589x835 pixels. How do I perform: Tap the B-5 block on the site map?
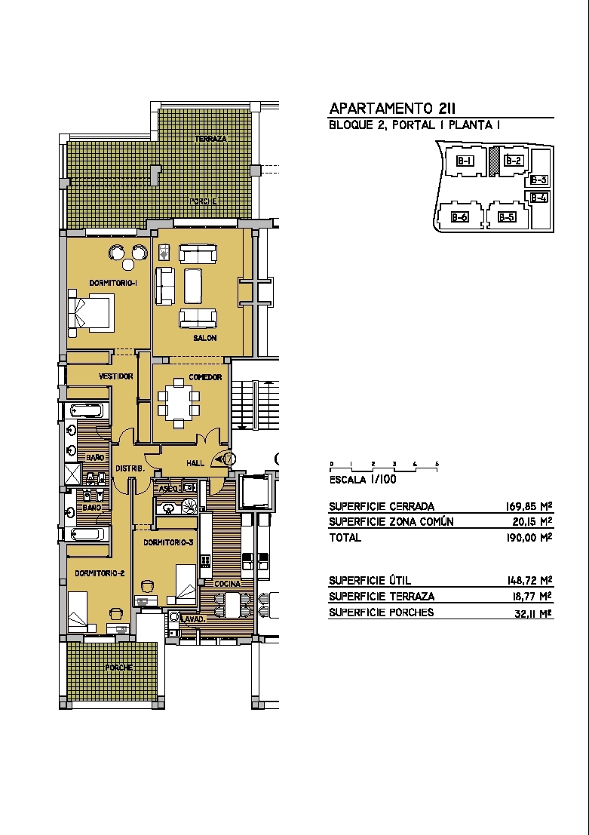coord(507,216)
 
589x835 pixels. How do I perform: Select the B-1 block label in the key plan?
coord(465,160)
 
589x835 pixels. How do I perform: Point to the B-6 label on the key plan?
coord(459,216)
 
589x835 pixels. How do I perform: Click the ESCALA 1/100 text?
coord(363,479)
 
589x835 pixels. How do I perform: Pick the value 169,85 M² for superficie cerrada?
coord(528,506)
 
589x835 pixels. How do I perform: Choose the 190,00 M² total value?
coord(528,537)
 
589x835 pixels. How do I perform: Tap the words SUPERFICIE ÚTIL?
coord(370,580)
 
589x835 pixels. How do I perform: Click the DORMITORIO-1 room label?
coord(113,284)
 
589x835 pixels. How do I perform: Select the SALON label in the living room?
coord(205,338)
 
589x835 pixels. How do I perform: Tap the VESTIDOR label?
coord(116,376)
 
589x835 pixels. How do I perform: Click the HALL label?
coord(195,463)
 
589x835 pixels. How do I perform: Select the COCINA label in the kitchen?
coord(228,584)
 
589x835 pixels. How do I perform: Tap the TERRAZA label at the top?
coord(211,139)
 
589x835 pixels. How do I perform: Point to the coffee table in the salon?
coord(193,285)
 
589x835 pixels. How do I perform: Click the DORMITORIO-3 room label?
coord(168,542)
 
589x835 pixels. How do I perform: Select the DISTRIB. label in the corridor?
coord(130,468)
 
